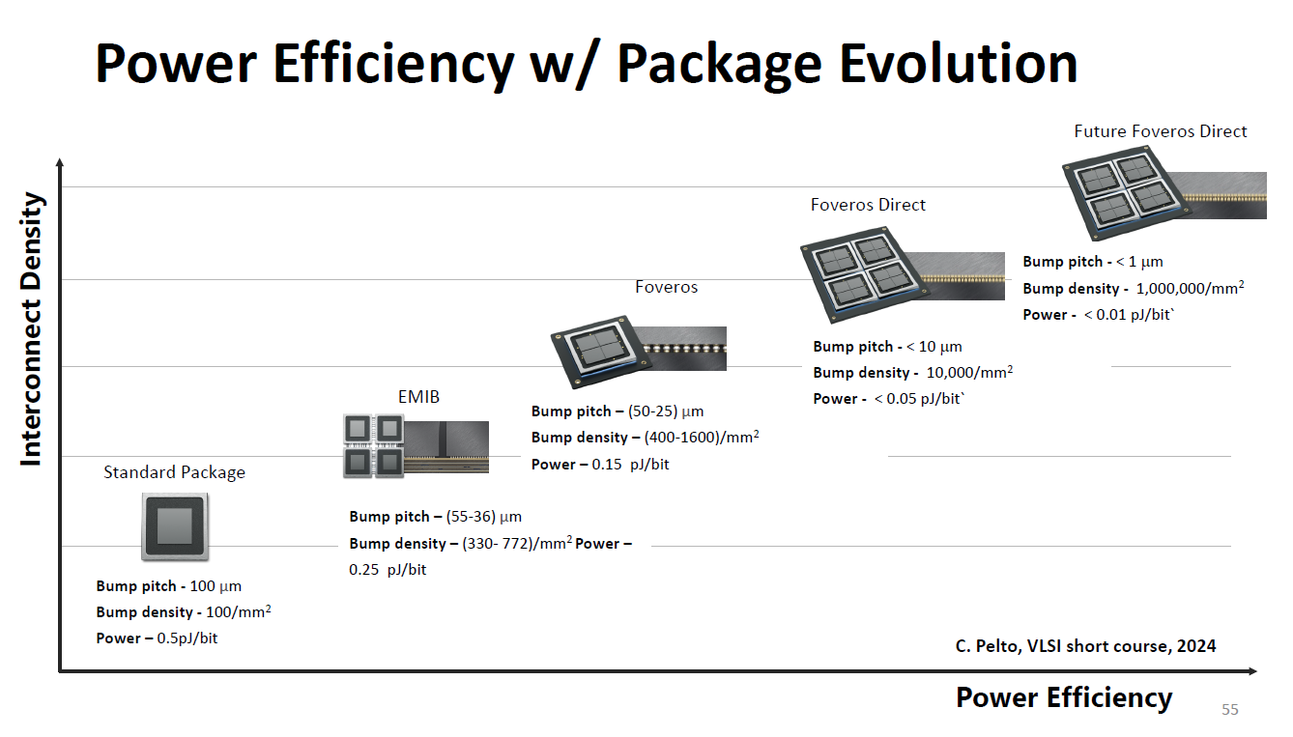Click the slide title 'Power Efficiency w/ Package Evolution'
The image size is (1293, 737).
[586, 64]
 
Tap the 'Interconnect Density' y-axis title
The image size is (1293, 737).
[32, 329]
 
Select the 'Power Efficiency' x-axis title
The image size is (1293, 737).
[1063, 697]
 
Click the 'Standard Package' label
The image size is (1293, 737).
[174, 472]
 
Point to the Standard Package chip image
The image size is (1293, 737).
[175, 526]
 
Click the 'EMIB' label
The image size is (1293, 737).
[418, 397]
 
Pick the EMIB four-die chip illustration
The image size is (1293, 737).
[372, 446]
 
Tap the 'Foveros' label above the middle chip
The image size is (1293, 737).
[666, 287]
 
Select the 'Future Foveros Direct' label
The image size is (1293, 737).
[1160, 131]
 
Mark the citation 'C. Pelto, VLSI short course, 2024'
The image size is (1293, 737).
[1078, 646]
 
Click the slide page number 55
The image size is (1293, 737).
[1229, 710]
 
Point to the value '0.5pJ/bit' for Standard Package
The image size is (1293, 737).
[187, 638]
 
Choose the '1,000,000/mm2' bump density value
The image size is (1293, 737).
[1190, 289]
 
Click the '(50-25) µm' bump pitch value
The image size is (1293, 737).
[666, 411]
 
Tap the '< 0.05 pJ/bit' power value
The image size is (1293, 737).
[918, 399]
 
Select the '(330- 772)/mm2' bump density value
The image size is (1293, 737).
[518, 544]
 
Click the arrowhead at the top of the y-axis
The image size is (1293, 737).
[60, 164]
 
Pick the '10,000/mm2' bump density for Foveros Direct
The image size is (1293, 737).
[969, 373]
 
